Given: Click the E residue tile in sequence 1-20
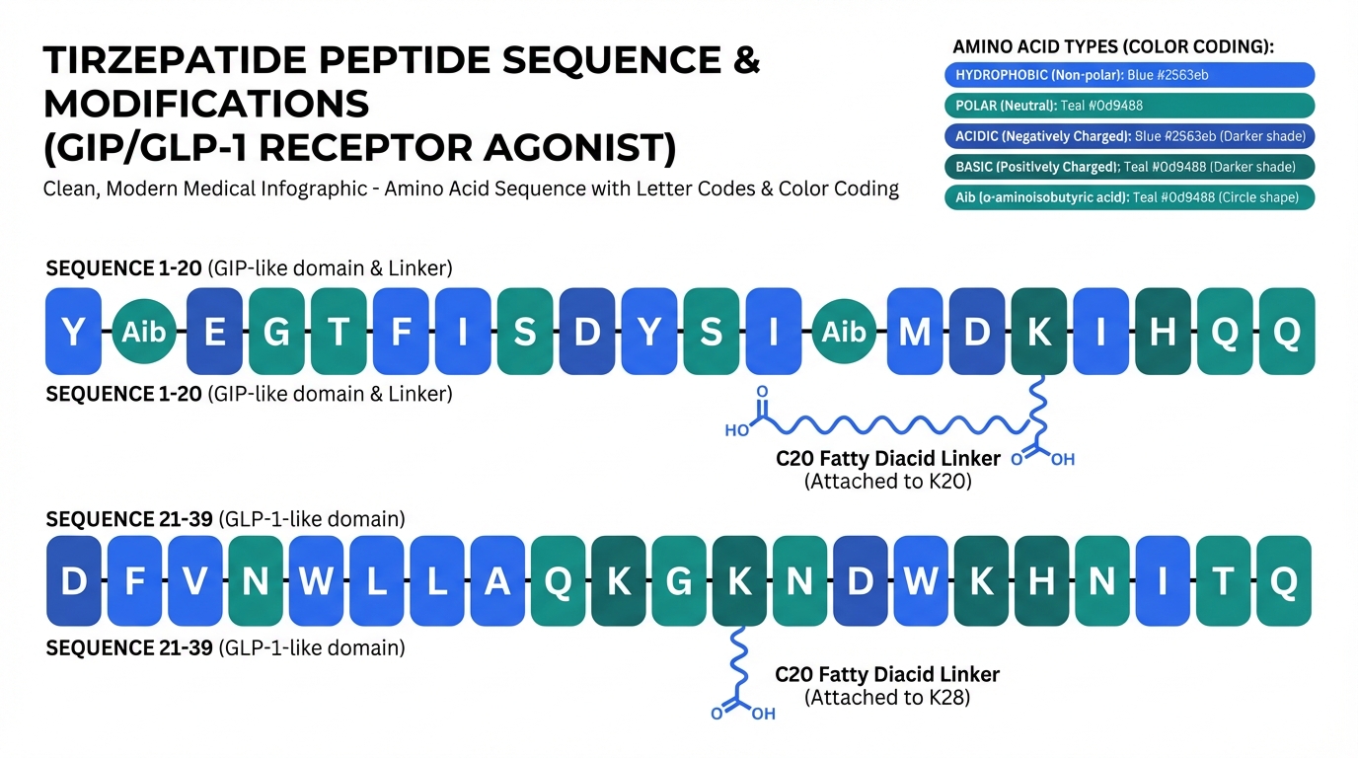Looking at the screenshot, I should (x=214, y=332).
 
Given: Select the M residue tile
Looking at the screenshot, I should (x=915, y=332).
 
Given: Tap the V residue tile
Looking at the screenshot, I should (x=195, y=581).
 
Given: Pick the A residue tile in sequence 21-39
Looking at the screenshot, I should (x=497, y=581).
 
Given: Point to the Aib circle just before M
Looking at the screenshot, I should (x=844, y=332).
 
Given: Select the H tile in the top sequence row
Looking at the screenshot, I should (x=1163, y=332).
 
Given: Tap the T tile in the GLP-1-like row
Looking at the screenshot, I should (x=1223, y=581).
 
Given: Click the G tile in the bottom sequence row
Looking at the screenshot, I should (x=679, y=581).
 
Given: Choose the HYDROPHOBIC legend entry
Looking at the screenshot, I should (x=1129, y=75).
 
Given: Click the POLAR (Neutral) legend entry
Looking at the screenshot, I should (x=1129, y=106).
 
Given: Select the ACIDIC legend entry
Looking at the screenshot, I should (x=1129, y=136).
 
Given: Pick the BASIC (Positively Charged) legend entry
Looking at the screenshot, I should (x=1129, y=167).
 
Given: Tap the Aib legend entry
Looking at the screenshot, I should (x=1129, y=197).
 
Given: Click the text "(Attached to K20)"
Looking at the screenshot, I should (x=887, y=482).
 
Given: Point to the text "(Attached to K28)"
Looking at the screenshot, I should (x=887, y=698).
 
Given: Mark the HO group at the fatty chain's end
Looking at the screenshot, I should (x=736, y=430).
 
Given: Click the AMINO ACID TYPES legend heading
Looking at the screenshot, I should (x=1113, y=46).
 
